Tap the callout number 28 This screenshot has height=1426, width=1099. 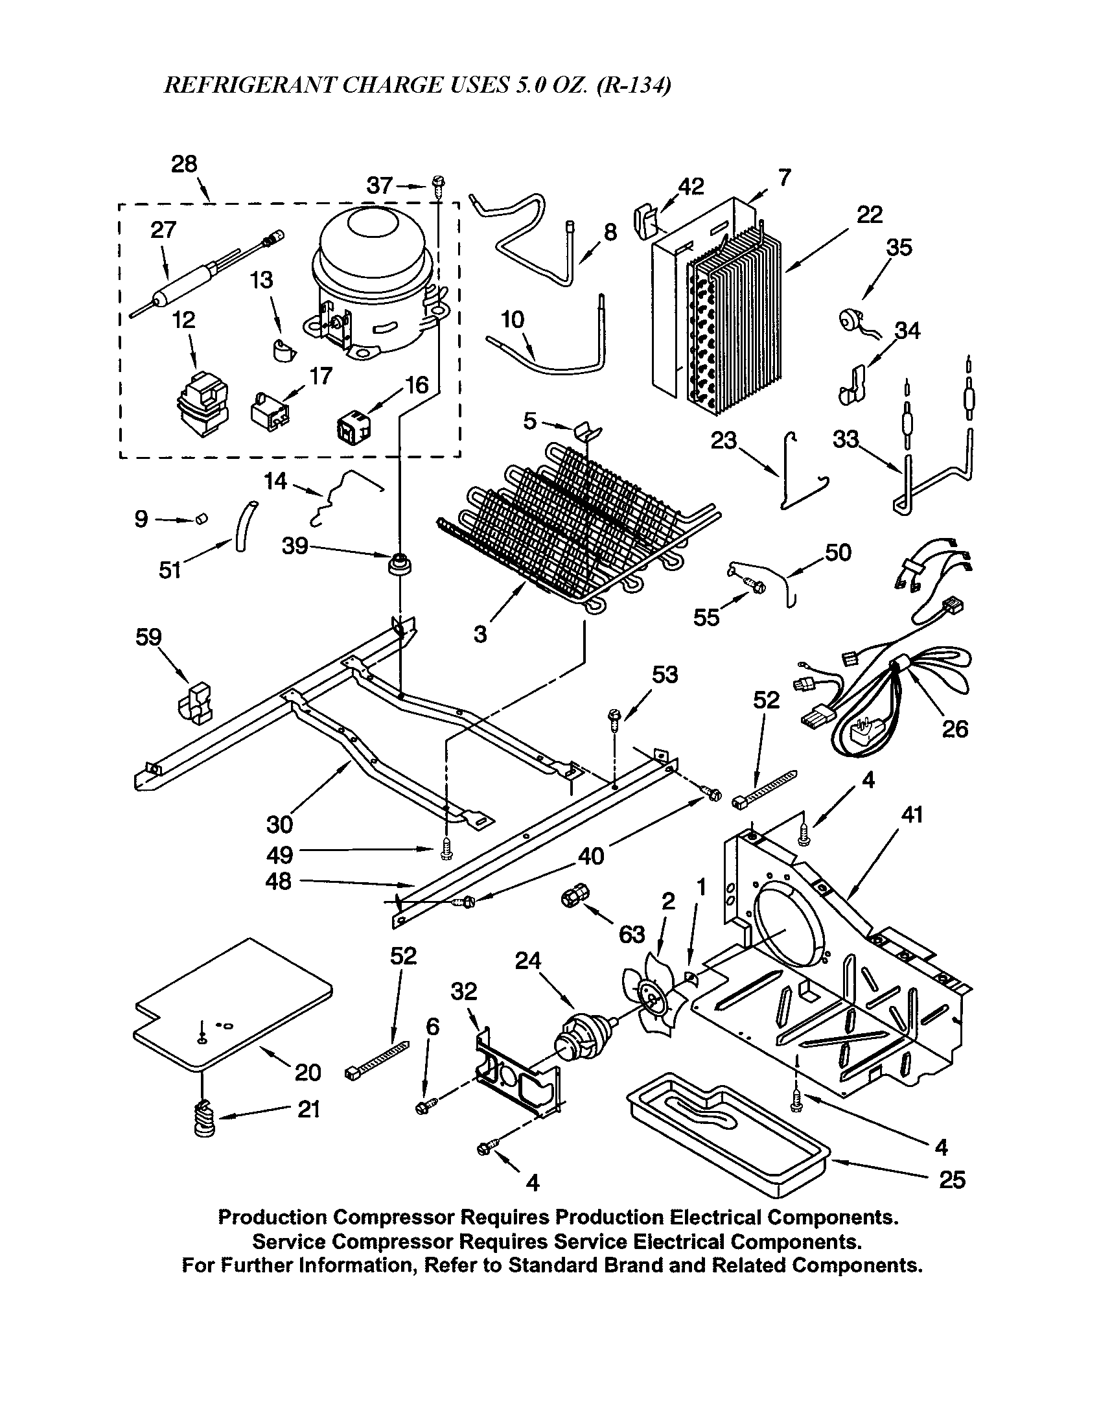[x=184, y=164]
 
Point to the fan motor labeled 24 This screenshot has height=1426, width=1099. [x=581, y=1039]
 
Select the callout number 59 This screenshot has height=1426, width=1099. [x=148, y=637]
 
